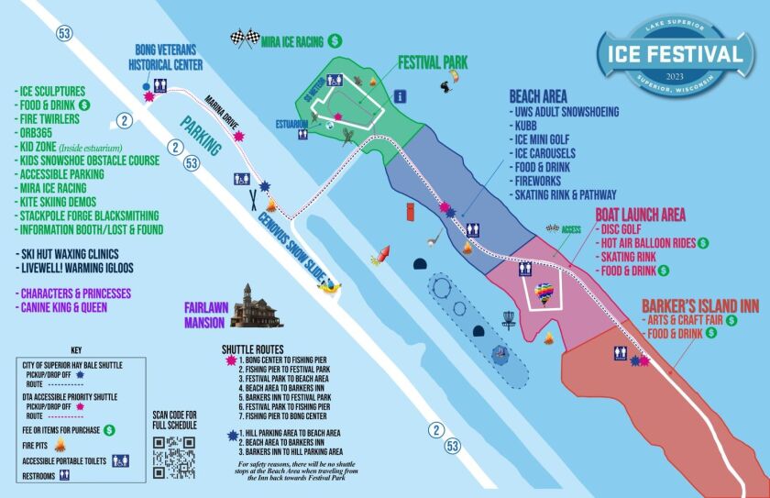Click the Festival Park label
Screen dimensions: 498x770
pyautogui.click(x=432, y=63)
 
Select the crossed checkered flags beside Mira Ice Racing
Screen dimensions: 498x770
pyautogui.click(x=245, y=39)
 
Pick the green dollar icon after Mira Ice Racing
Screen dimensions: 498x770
pyautogui.click(x=335, y=40)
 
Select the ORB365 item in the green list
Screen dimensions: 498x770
pyautogui.click(x=37, y=132)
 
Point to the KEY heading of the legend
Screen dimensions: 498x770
pyautogui.click(x=77, y=350)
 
